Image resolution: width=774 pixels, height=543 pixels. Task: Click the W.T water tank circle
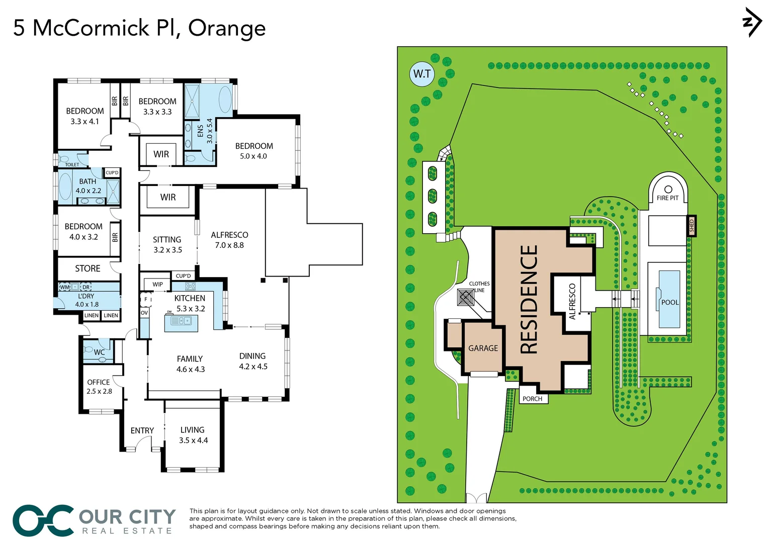pos(421,74)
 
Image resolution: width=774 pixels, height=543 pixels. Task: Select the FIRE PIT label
pos(667,198)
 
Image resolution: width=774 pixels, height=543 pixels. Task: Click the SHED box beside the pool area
pos(692,226)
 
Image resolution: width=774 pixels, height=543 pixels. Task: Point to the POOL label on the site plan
pos(670,302)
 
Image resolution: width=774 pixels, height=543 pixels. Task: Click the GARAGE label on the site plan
pos(483,348)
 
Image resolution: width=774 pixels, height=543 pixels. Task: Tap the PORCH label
pos(532,399)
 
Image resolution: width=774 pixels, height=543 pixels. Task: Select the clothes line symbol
pos(466,297)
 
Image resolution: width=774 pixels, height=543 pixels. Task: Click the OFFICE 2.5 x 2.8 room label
pos(99,387)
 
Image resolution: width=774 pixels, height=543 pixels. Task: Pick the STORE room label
pos(88,268)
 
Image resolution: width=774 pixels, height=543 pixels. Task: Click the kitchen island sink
pos(181,321)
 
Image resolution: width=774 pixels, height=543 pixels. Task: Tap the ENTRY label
pos(142,430)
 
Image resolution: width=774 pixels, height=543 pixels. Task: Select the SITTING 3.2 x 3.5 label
pos(167,244)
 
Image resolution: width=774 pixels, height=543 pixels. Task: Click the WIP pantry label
pos(157,285)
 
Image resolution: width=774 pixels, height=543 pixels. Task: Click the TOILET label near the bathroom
pos(72,164)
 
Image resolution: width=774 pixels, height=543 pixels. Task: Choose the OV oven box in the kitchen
pos(144,313)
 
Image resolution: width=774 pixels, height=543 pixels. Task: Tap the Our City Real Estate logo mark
pos(43,520)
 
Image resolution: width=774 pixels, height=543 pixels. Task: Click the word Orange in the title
pos(226,28)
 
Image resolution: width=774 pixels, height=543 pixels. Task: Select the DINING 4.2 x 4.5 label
pos(252,361)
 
